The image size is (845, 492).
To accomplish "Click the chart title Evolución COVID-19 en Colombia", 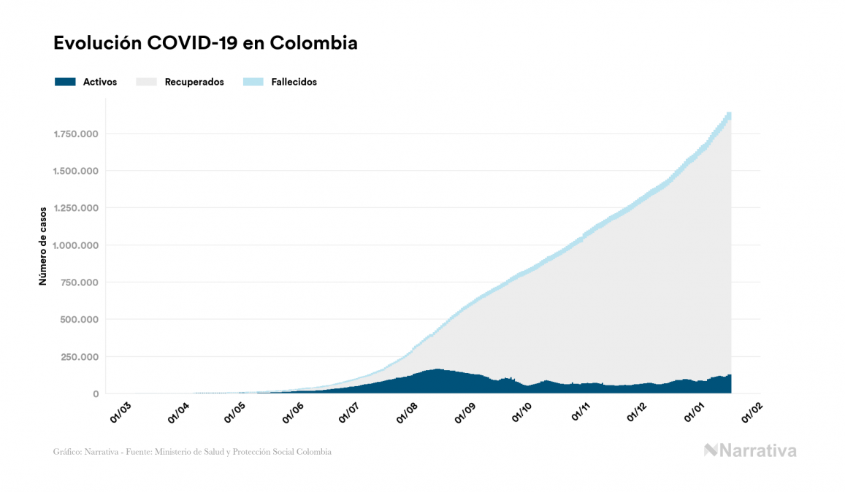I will [x=205, y=43].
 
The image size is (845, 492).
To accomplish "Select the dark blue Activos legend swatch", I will [x=65, y=82].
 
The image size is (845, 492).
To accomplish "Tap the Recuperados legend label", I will [x=194, y=82].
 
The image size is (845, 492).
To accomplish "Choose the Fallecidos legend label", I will [x=294, y=82].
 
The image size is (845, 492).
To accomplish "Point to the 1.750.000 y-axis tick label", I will [x=76, y=134].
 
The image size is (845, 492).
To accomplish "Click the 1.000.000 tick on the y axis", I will [x=76, y=245].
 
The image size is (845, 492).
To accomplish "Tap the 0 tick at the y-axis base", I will [x=96, y=394].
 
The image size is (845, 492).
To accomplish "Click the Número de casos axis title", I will [x=43, y=245].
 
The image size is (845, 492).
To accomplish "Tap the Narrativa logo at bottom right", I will [x=750, y=450].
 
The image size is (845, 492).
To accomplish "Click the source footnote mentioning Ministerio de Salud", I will [x=192, y=452].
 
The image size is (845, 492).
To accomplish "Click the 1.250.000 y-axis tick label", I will [x=76, y=208].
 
